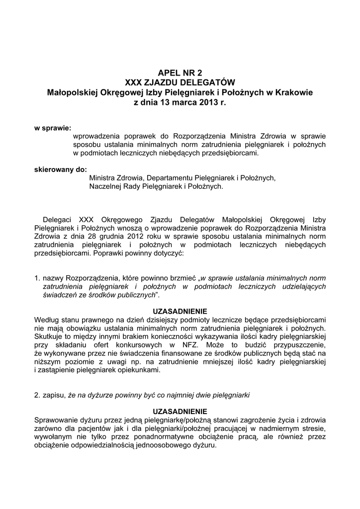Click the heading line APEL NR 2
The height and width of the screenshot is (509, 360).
tap(180, 73)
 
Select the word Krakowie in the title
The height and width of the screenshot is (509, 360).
tap(293, 92)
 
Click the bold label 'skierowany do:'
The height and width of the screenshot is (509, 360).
tap(60, 169)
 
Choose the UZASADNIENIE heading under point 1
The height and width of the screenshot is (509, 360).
tap(180, 311)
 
